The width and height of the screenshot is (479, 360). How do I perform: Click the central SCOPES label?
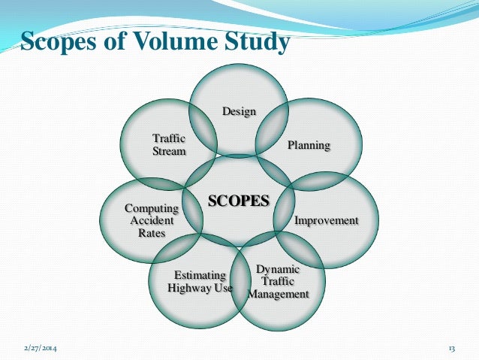238,201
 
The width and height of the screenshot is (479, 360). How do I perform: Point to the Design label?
239,112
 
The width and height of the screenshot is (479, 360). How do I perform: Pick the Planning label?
309,145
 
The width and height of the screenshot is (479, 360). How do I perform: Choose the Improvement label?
326,221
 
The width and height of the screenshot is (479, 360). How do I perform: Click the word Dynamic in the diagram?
278,269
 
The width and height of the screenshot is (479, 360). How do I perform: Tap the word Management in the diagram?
278,294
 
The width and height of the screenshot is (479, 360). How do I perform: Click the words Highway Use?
200,287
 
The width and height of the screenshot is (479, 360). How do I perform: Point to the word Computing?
152,208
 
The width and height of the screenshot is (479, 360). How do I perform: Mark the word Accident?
152,221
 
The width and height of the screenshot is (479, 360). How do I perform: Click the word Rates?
152,233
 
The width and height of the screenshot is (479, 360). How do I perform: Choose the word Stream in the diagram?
169,151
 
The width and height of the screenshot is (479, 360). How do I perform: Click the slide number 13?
452,349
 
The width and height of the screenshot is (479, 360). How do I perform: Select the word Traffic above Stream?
169,139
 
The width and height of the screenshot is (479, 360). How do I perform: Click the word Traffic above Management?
278,282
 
